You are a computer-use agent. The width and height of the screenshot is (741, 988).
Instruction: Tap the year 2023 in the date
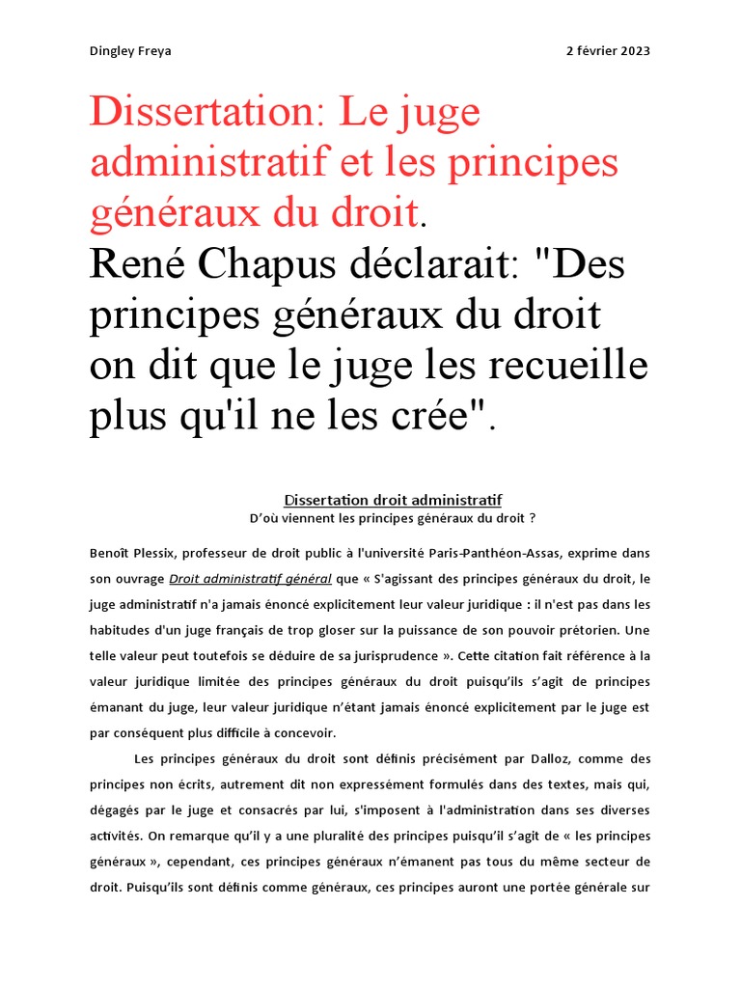click(633, 51)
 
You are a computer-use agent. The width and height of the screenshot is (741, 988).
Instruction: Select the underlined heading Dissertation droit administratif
click(393, 500)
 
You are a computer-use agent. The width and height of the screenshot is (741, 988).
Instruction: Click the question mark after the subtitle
click(532, 518)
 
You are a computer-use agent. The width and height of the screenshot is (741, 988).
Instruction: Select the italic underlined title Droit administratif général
click(249, 580)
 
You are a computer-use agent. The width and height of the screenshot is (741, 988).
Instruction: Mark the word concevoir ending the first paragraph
click(302, 732)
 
